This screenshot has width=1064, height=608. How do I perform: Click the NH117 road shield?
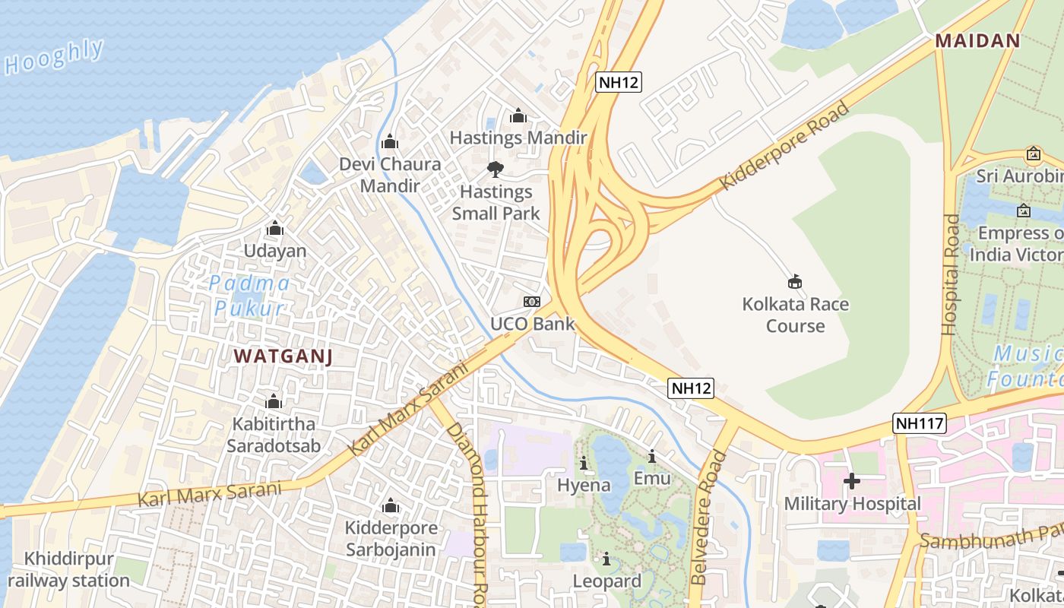(920, 423)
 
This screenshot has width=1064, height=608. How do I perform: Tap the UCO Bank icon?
(532, 302)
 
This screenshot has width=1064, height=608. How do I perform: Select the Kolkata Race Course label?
(795, 315)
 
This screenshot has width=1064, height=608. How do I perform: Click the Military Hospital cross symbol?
(852, 481)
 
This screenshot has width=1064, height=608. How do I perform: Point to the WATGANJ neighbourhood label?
(283, 356)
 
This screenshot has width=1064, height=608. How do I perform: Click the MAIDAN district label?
(977, 41)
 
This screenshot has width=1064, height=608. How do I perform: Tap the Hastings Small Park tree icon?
(495, 169)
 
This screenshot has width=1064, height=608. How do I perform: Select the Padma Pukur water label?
(250, 296)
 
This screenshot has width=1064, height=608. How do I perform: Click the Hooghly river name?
(55, 57)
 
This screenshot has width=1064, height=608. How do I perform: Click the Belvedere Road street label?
(708, 518)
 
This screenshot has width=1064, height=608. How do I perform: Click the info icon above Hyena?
(584, 463)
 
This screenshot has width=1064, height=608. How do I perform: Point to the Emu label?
(652, 478)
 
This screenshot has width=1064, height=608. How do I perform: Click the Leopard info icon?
(606, 559)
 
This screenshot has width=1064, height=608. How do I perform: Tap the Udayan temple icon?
(274, 229)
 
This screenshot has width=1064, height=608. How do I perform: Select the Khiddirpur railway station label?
(68, 570)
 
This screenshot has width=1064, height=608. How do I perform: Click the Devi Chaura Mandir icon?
(390, 142)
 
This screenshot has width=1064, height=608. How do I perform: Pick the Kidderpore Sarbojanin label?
(391, 538)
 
